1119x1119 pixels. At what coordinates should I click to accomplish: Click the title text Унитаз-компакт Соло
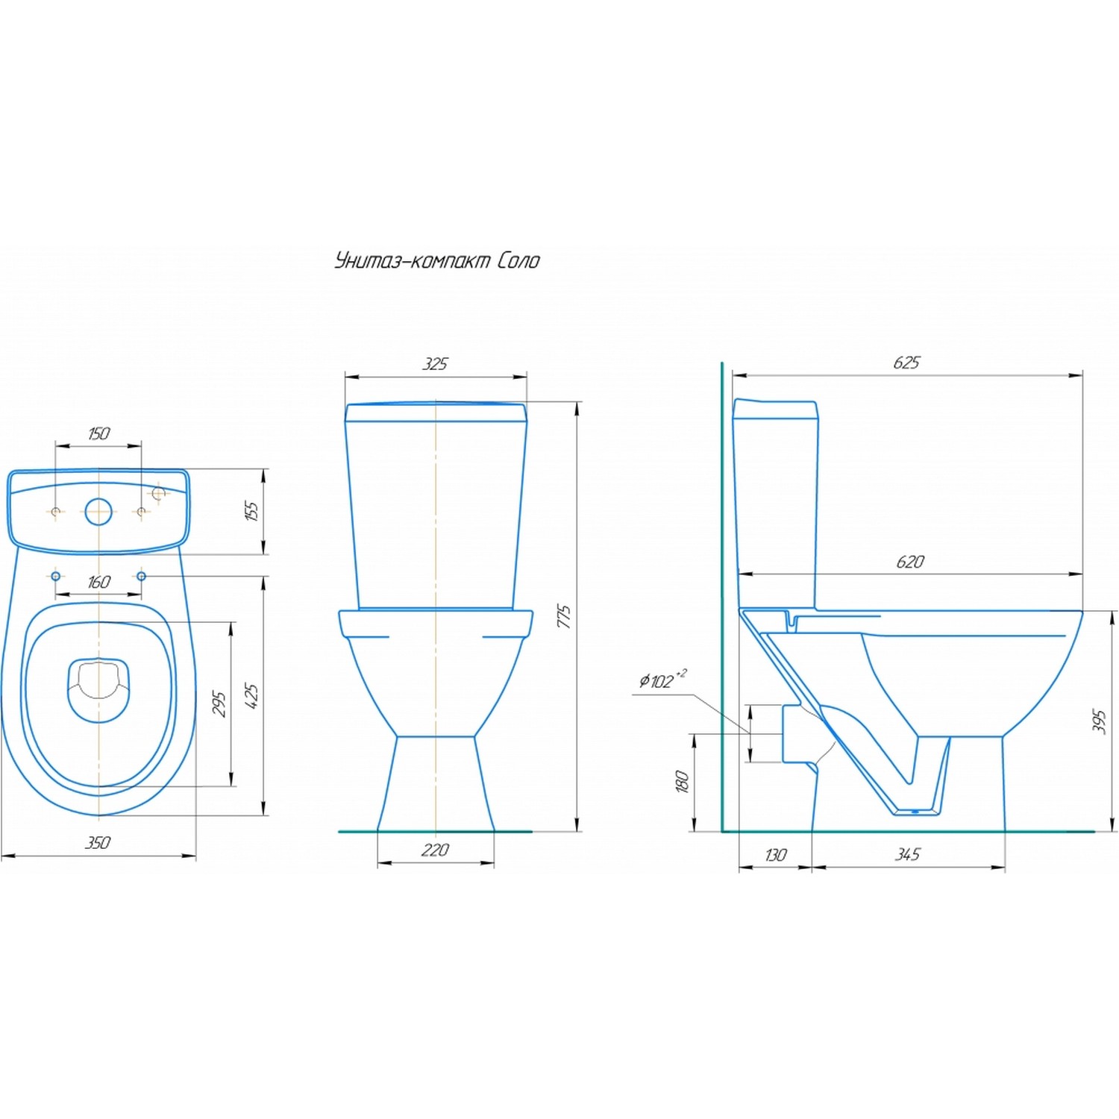click(437, 260)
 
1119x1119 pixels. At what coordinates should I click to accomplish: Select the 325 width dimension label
click(436, 364)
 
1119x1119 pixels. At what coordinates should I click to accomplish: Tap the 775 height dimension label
click(565, 616)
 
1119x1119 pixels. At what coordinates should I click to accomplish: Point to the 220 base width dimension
click(436, 850)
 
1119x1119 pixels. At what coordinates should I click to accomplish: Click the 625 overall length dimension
click(907, 363)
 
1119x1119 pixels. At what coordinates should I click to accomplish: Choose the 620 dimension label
click(910, 562)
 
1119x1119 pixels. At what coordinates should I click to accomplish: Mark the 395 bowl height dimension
click(1099, 721)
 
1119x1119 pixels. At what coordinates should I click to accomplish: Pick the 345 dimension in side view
click(908, 854)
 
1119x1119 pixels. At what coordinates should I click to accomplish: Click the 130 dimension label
click(776, 855)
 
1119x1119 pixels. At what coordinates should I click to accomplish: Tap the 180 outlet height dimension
click(682, 781)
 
